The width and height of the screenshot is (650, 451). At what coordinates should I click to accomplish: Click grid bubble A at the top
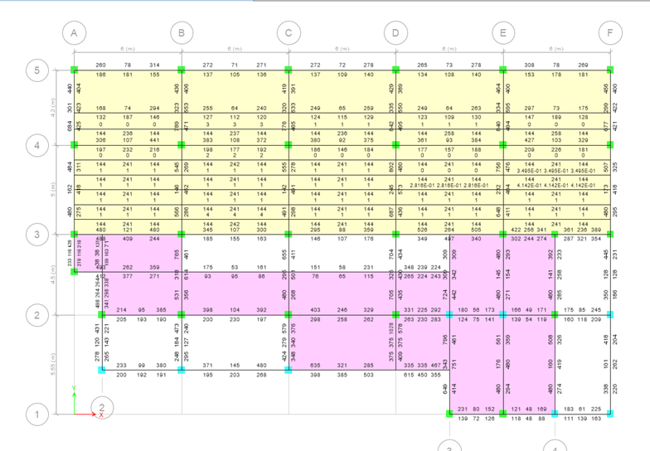(x=74, y=33)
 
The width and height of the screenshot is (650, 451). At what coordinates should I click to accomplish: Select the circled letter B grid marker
(x=180, y=33)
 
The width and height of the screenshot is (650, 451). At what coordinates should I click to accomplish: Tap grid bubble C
(x=289, y=33)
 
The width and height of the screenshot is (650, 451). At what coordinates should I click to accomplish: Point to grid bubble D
(x=395, y=33)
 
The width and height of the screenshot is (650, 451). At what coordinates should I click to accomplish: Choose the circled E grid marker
(x=502, y=33)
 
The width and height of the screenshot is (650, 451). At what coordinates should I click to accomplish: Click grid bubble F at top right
(x=610, y=33)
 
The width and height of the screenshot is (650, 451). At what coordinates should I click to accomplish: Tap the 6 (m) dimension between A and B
(x=126, y=50)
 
